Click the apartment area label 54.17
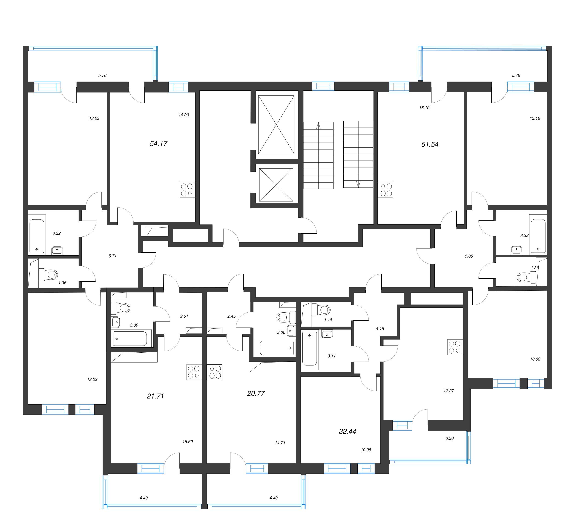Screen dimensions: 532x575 point(158,143)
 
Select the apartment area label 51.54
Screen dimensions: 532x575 point(430,144)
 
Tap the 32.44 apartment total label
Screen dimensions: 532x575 point(347,431)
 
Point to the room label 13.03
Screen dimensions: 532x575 point(94,118)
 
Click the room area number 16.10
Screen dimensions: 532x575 point(424,108)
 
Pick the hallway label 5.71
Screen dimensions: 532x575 point(112,256)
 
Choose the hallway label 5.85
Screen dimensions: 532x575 point(469,256)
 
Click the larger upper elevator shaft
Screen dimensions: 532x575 point(276,125)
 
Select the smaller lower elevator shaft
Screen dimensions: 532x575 point(276,184)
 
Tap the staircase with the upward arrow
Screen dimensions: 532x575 point(318,156)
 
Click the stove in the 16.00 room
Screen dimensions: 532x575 point(187,190)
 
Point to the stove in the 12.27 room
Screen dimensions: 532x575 point(455,347)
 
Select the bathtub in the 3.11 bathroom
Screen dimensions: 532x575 point(310,349)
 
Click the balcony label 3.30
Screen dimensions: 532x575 point(449,438)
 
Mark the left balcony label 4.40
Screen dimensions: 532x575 point(143,498)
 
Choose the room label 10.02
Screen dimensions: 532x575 point(535,359)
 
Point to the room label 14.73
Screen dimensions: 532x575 point(280,443)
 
